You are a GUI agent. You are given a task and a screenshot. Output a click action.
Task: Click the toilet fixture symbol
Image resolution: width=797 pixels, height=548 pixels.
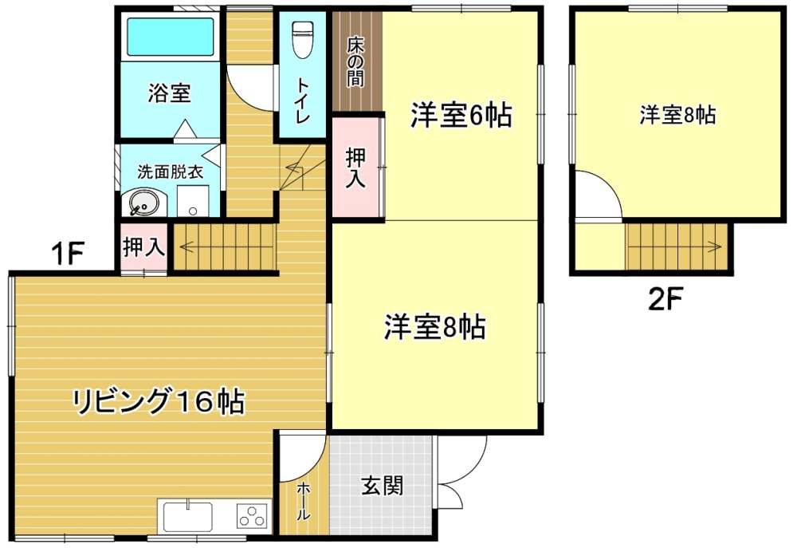tap(302, 39)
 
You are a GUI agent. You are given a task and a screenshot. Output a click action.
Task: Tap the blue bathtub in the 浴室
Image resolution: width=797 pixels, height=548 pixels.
tap(171, 37)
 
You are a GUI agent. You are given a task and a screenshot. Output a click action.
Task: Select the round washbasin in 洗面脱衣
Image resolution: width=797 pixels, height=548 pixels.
tap(142, 203)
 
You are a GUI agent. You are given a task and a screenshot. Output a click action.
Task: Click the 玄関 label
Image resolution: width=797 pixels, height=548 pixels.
tap(383, 485)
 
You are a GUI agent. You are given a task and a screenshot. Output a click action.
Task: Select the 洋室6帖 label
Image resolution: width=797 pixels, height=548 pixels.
tap(461, 115)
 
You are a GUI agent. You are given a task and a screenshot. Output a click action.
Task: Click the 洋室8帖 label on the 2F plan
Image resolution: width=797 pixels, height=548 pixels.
tap(677, 115)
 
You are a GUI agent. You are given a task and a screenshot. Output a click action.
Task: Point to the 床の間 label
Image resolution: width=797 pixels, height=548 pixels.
tap(355, 61)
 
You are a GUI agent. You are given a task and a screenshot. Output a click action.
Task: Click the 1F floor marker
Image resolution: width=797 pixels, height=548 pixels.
tap(67, 253)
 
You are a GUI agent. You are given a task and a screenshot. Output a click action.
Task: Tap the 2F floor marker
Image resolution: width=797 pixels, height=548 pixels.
tap(665, 299)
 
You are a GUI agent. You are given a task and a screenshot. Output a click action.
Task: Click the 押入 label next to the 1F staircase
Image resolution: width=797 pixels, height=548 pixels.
tap(143, 248)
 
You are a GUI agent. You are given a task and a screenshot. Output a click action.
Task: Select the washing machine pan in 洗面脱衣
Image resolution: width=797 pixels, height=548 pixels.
tap(193, 201)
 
